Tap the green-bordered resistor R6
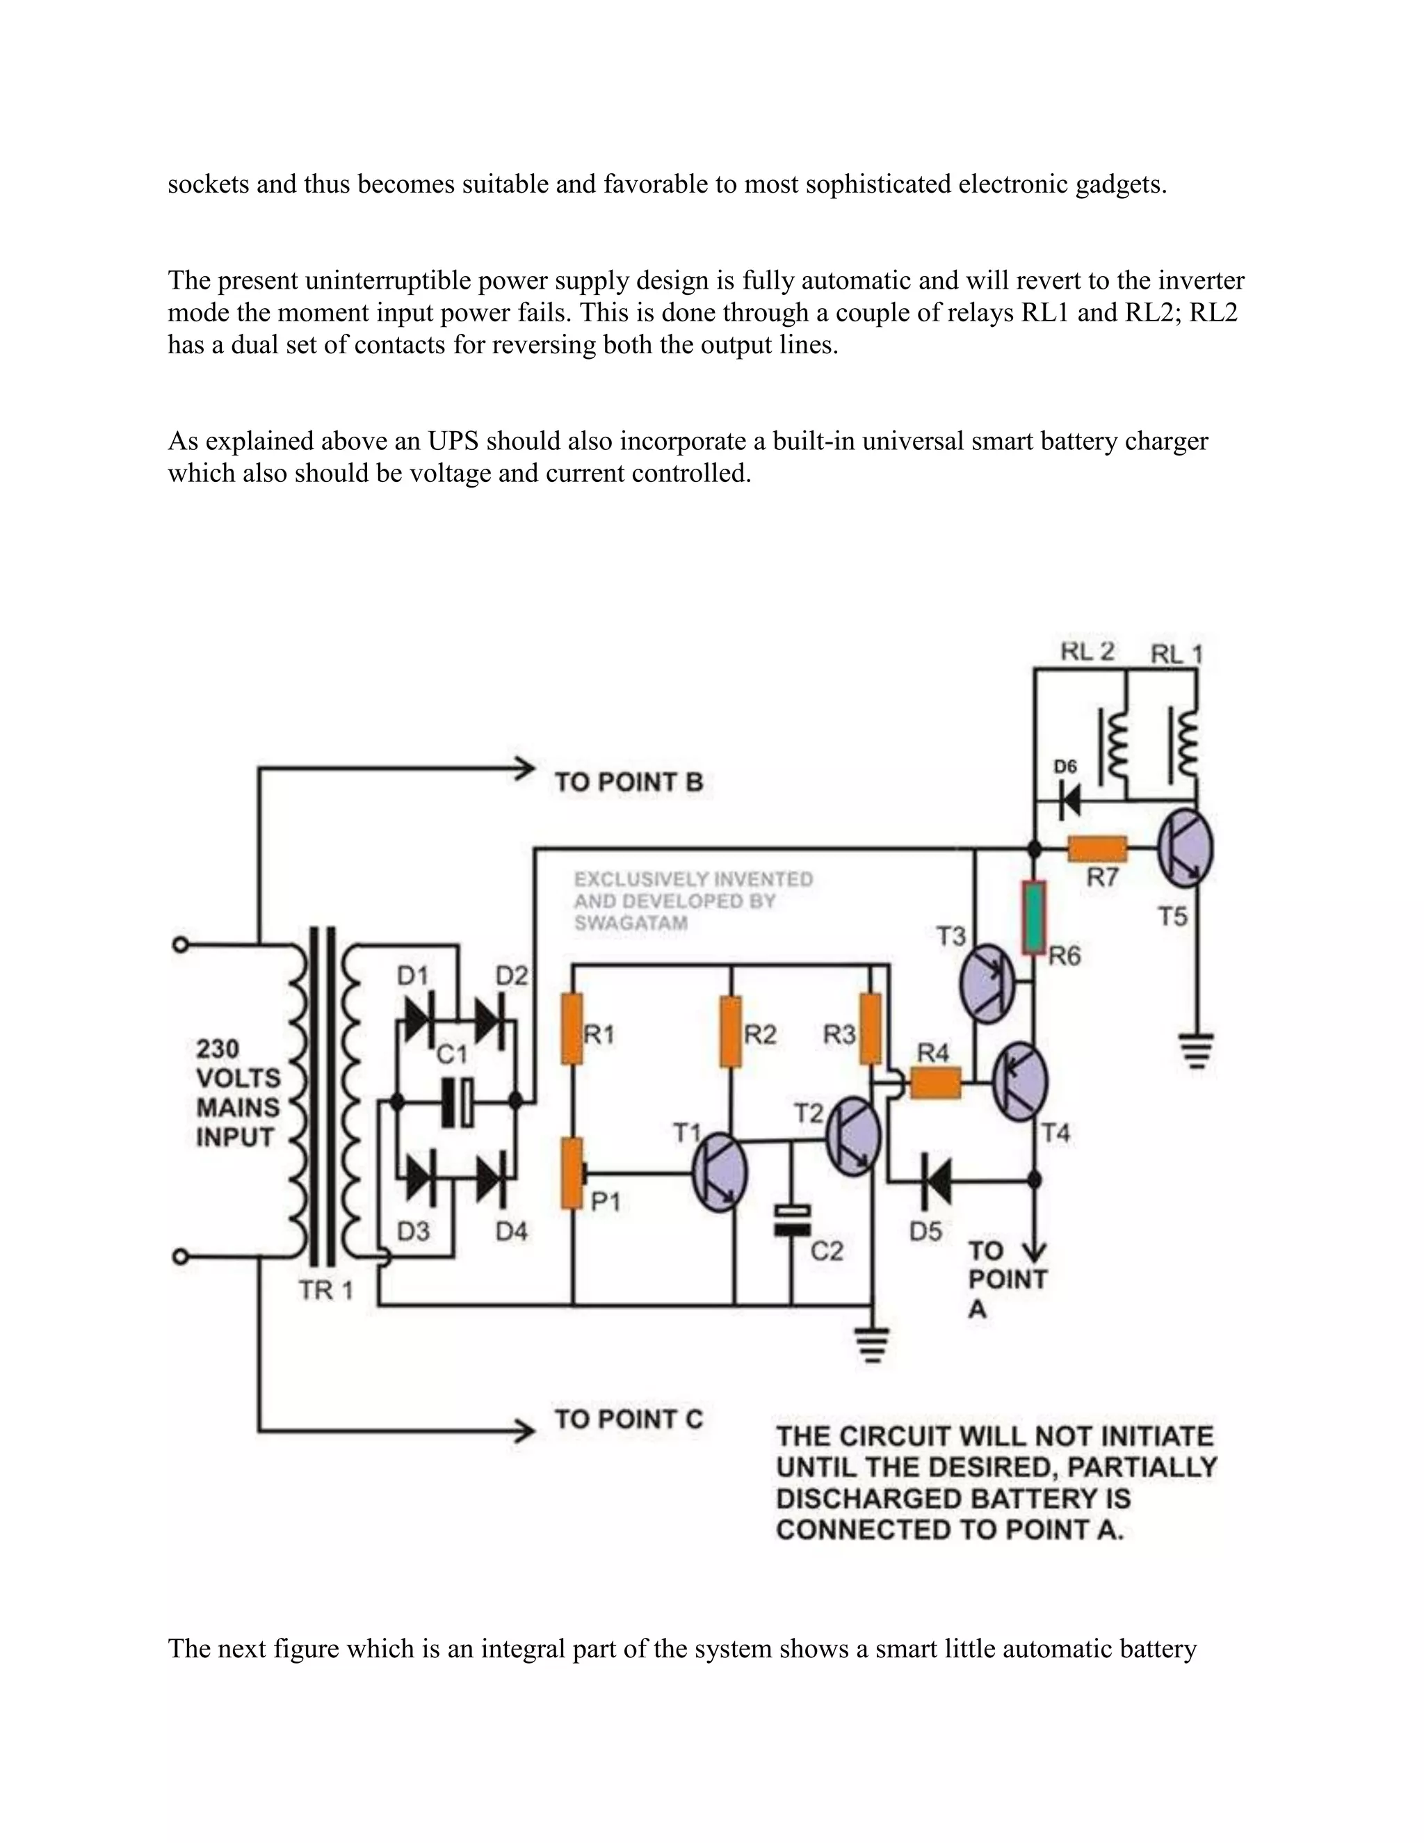[1034, 917]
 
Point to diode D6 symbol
[1069, 799]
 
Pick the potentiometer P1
[573, 1174]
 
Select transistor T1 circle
[720, 1173]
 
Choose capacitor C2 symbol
[792, 1221]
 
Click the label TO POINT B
[629, 782]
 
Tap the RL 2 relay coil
[1115, 744]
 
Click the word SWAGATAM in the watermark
[630, 923]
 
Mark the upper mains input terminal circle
[179, 944]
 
